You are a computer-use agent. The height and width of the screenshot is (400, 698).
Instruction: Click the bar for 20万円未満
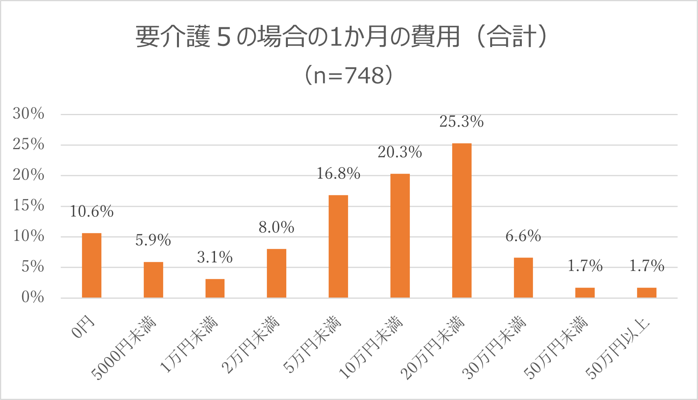[x=462, y=220]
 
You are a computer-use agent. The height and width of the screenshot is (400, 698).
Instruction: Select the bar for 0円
[x=91, y=265]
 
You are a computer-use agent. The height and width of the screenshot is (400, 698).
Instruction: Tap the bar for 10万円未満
[x=400, y=235]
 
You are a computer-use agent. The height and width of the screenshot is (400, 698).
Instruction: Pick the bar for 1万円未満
[x=215, y=288]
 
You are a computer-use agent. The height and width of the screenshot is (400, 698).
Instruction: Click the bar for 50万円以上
[x=647, y=292]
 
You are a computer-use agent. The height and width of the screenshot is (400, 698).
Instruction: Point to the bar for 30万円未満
[x=523, y=277]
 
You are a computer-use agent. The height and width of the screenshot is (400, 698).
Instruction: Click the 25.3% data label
[x=462, y=121]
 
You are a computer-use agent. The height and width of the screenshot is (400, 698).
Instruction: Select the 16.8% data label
[x=338, y=174]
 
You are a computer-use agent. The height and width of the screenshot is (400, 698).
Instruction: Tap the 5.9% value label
[x=153, y=240]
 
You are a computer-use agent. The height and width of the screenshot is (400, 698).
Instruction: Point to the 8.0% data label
[x=276, y=227]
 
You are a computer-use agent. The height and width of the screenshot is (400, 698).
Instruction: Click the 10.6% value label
[x=91, y=212]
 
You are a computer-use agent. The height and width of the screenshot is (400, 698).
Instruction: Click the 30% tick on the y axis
[x=29, y=114]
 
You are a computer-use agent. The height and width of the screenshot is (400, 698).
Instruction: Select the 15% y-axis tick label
[x=29, y=206]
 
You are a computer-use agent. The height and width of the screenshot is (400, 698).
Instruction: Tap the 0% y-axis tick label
[x=32, y=297]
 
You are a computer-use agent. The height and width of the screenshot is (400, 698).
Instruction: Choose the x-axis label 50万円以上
[x=618, y=348]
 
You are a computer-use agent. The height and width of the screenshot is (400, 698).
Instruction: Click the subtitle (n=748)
[x=348, y=75]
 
